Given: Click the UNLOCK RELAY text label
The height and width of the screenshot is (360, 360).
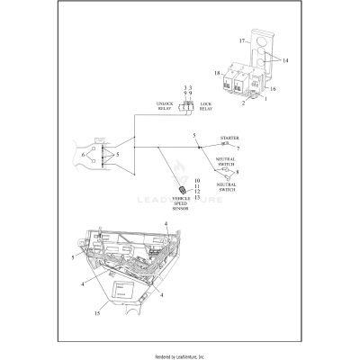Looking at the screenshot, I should pyautogui.click(x=169, y=105).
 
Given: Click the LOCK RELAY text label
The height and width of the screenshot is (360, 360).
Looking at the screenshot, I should pyautogui.click(x=205, y=105).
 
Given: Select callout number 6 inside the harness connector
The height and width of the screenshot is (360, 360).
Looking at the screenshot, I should pyautogui.click(x=84, y=155).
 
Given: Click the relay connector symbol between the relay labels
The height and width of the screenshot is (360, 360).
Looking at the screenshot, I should pyautogui.click(x=187, y=106).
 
